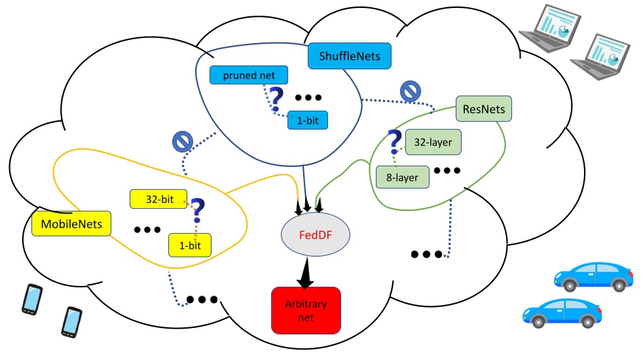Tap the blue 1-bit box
307,120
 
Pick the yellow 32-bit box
159,199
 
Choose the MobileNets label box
71,225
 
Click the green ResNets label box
483,108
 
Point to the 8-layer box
403,175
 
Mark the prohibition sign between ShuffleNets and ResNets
410,91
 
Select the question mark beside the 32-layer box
394,141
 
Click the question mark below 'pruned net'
276,98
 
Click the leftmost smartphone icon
32,300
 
